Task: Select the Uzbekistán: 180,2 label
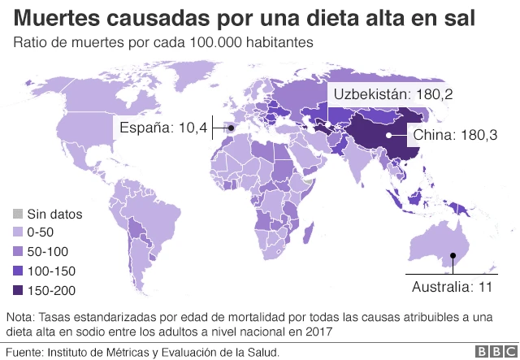390,94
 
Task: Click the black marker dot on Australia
453,257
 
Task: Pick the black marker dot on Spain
230,128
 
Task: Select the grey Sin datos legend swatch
17,215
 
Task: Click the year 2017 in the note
318,332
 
